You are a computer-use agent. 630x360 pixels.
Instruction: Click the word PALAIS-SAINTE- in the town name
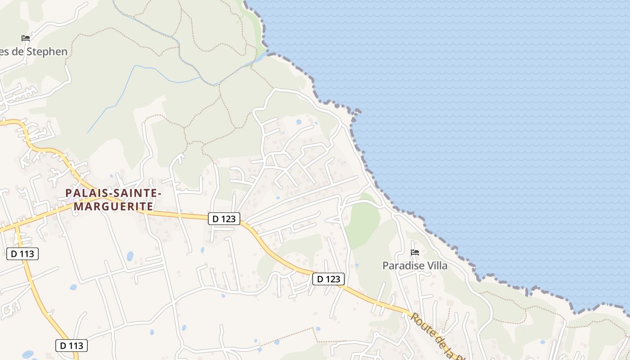click(113, 193)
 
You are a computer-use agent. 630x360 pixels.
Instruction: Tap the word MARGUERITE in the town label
click(113, 206)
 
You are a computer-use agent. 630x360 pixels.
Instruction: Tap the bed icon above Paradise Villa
click(415, 252)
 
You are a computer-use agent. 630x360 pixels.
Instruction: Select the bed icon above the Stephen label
click(26, 38)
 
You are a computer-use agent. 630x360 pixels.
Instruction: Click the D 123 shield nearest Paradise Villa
click(328, 279)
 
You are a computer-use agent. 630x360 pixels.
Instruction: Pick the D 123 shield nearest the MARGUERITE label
click(224, 219)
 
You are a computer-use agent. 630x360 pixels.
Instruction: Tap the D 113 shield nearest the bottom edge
click(72, 346)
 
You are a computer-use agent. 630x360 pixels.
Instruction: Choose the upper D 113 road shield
click(22, 254)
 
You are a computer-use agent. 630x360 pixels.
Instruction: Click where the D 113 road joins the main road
click(17, 225)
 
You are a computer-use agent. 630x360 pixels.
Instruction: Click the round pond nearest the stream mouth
click(299, 121)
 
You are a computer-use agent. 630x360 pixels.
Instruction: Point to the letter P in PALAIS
click(69, 193)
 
